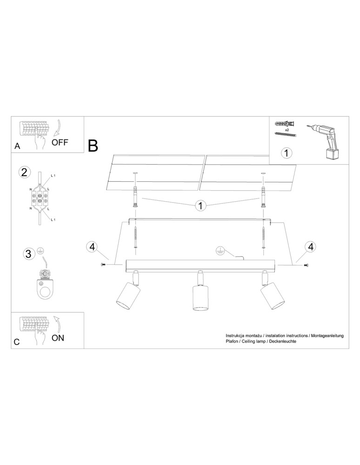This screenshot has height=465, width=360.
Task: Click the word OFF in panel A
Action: tap(60, 142)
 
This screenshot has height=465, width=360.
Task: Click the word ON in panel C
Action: tap(58, 338)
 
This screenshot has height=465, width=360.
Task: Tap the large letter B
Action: tap(93, 146)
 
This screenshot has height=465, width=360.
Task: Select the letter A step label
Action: tap(18, 146)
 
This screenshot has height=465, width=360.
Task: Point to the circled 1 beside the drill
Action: tap(286, 152)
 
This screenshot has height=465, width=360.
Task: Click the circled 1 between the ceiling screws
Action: tap(200, 206)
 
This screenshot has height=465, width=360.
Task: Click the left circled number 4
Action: tap(92, 247)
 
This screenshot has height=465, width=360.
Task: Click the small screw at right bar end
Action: tap(306, 265)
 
